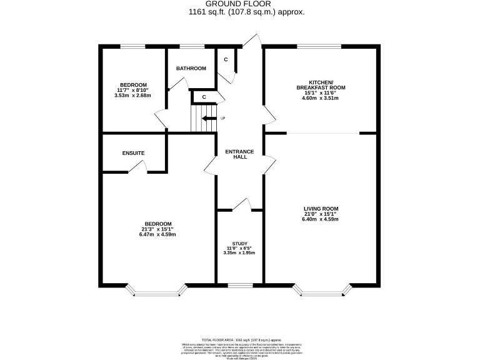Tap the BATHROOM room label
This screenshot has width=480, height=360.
(x=191, y=68)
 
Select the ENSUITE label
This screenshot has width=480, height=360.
(x=133, y=153)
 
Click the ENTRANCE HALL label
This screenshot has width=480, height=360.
(x=239, y=154)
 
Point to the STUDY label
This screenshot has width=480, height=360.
(x=239, y=244)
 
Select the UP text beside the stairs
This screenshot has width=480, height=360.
(x=222, y=118)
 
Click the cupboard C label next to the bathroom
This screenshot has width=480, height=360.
(x=226, y=59)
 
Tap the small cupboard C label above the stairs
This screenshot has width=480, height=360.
(x=204, y=97)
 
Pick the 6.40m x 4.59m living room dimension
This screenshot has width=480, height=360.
(x=321, y=219)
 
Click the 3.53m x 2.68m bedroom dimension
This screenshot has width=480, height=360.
(x=133, y=96)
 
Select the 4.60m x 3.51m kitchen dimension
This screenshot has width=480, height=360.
(x=321, y=98)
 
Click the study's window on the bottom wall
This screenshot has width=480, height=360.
(x=239, y=286)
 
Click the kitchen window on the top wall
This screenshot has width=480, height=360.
(x=319, y=46)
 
